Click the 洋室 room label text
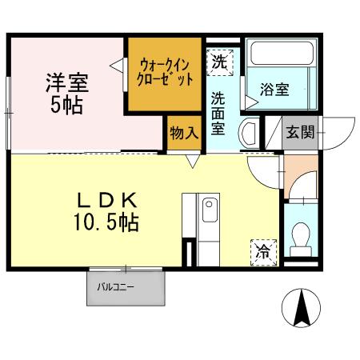point(66,83)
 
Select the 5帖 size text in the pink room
point(66,105)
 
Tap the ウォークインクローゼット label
point(166,74)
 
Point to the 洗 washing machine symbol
point(219,62)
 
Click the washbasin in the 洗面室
point(249,131)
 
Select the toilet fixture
point(301,236)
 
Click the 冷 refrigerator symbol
point(262,250)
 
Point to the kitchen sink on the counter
point(209,211)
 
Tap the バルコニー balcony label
point(121,286)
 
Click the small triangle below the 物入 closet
point(193,162)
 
